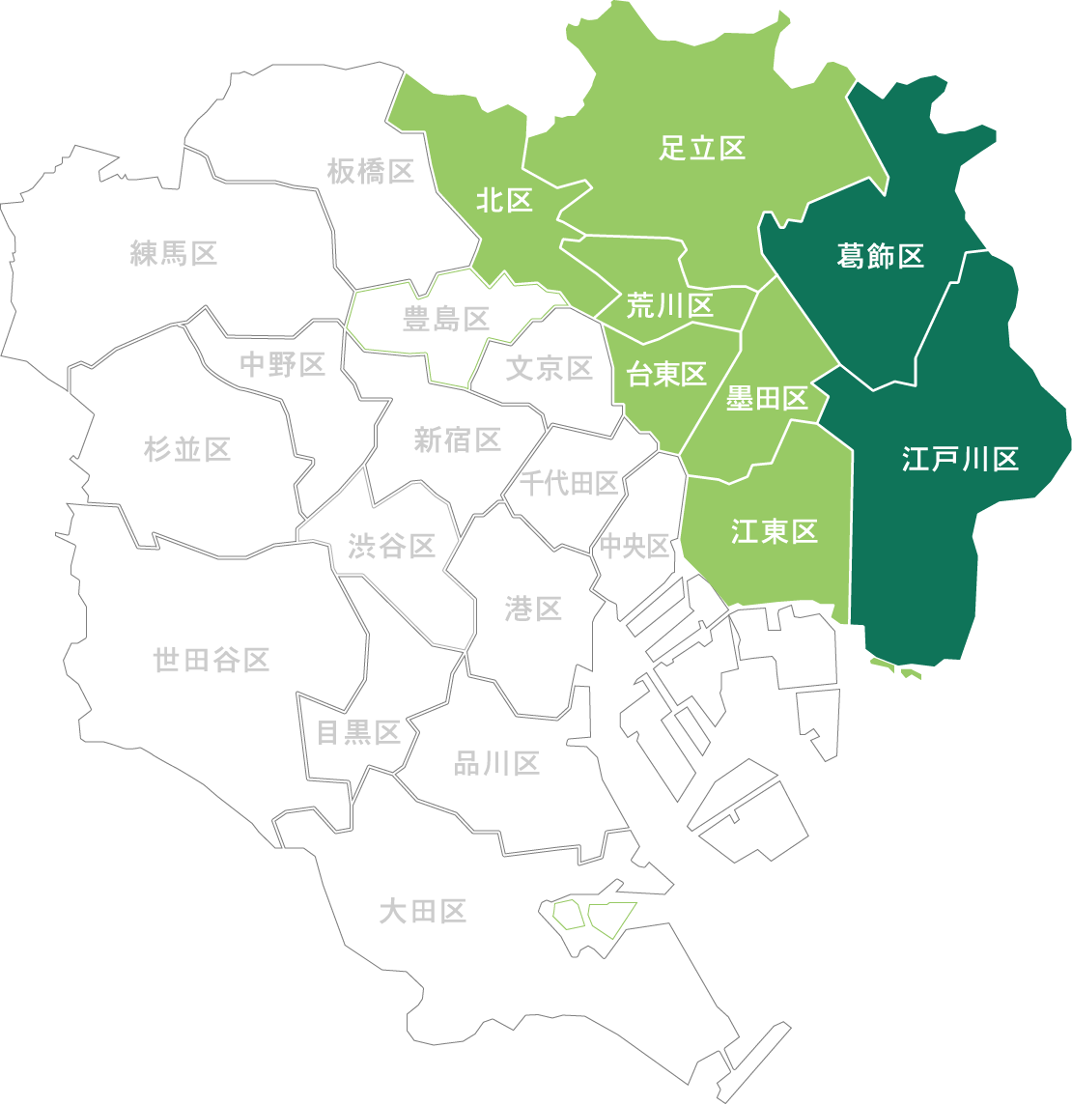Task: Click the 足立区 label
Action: click(702, 148)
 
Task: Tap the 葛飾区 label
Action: click(880, 256)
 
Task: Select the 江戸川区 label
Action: click(960, 459)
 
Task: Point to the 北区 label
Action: click(504, 201)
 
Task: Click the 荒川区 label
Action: click(669, 306)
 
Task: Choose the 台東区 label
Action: click(666, 375)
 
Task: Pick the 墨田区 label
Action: click(766, 398)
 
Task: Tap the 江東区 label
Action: click(774, 531)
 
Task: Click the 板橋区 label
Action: click(370, 172)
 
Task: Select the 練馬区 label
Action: click(174, 254)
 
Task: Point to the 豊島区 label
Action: click(445, 319)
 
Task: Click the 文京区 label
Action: click(549, 368)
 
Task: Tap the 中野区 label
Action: click(282, 364)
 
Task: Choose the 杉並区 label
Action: click(187, 449)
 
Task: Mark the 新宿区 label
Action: click(457, 440)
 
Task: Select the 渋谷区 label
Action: click(391, 547)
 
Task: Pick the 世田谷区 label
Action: click(211, 661)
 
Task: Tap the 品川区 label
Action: click(496, 764)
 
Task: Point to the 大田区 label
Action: click(422, 911)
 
